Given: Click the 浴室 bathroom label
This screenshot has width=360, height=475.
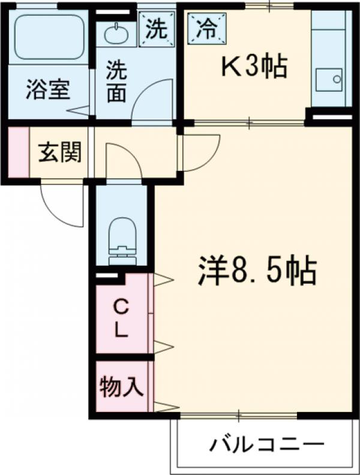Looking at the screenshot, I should click(x=47, y=89).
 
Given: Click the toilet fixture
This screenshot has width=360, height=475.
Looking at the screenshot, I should click(x=124, y=240).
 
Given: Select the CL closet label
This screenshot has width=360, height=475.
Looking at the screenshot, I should click(x=122, y=318).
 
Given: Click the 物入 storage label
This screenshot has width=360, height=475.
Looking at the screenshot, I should click(x=121, y=387).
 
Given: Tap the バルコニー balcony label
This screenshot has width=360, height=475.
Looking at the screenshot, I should click(x=267, y=445).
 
